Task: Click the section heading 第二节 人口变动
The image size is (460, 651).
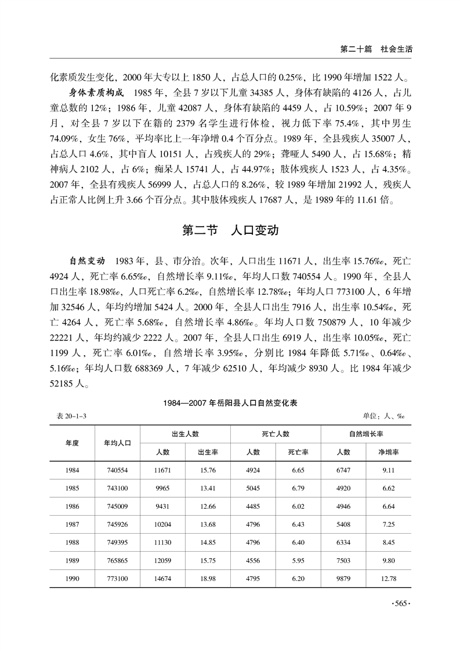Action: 230,230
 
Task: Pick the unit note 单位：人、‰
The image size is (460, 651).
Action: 383,416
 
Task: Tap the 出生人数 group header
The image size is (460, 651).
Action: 185,434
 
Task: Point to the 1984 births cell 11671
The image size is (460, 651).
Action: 162,470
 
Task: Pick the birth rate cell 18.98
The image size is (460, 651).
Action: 208,578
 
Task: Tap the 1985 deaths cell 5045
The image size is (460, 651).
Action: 253,488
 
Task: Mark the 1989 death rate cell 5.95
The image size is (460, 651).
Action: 298,560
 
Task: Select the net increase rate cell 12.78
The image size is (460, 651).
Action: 389,578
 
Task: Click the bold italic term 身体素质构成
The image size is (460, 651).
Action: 93,93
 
